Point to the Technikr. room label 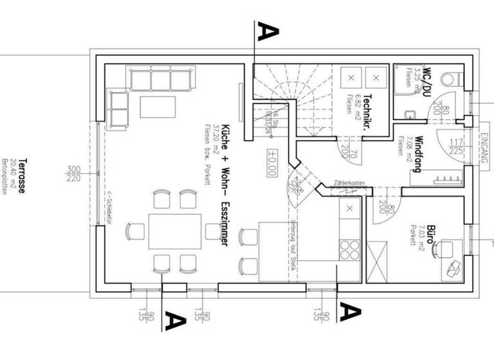coord(366,109)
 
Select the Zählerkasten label coord(350,183)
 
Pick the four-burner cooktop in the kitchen coord(351,247)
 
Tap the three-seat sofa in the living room coord(163,80)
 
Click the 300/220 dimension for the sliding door coord(73,174)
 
